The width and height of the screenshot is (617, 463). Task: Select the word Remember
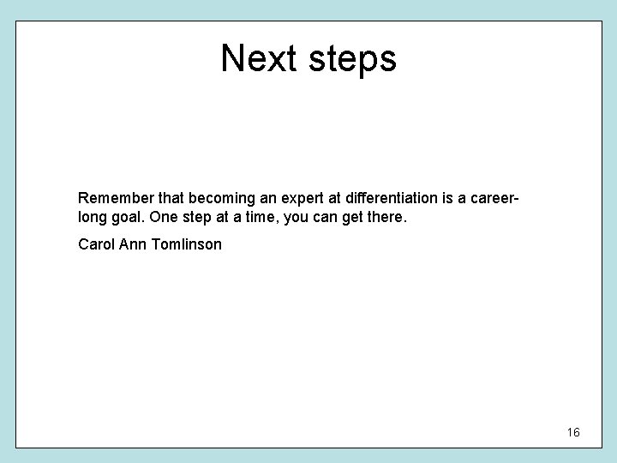pyautogui.click(x=111, y=200)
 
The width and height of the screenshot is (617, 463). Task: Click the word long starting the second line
pyautogui.click(x=92, y=219)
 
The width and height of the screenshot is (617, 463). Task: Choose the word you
pyautogui.click(x=297, y=219)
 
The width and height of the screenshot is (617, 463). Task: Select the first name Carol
pyautogui.click(x=95, y=244)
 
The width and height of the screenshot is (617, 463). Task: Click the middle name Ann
pyautogui.click(x=133, y=244)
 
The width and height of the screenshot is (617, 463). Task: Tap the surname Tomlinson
pyautogui.click(x=186, y=244)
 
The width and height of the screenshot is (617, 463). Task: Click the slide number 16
pyautogui.click(x=573, y=432)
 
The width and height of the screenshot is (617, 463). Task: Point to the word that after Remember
pyautogui.click(x=160, y=200)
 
